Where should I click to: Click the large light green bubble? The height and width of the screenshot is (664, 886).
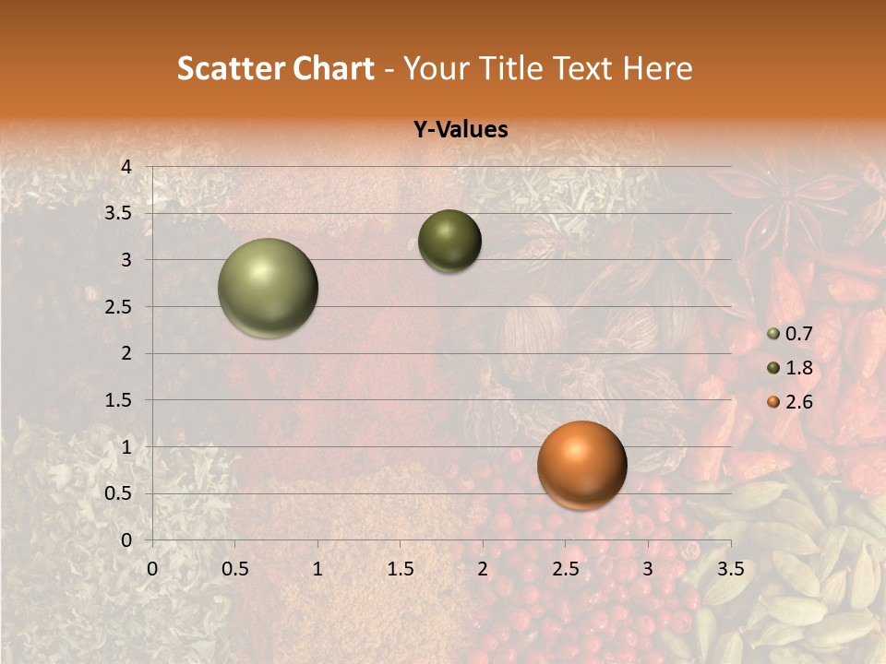269,288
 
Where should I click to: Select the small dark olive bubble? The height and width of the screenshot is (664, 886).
450,241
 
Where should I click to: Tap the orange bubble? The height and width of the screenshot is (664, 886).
582,465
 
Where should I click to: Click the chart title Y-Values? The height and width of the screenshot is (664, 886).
461,130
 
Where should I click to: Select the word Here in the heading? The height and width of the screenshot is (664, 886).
657,68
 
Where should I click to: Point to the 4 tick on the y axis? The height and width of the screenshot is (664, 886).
126,167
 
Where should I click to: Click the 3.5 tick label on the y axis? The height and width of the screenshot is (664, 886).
119,214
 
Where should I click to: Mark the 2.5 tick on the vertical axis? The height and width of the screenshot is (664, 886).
119,307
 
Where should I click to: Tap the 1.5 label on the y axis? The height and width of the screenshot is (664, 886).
119,400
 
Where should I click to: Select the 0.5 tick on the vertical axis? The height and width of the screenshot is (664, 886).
119,494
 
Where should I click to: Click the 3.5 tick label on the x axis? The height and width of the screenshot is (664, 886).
731,569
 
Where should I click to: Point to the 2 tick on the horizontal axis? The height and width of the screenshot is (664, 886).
483,569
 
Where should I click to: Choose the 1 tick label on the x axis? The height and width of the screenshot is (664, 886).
317,569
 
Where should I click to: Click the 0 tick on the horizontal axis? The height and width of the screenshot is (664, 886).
152,569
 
